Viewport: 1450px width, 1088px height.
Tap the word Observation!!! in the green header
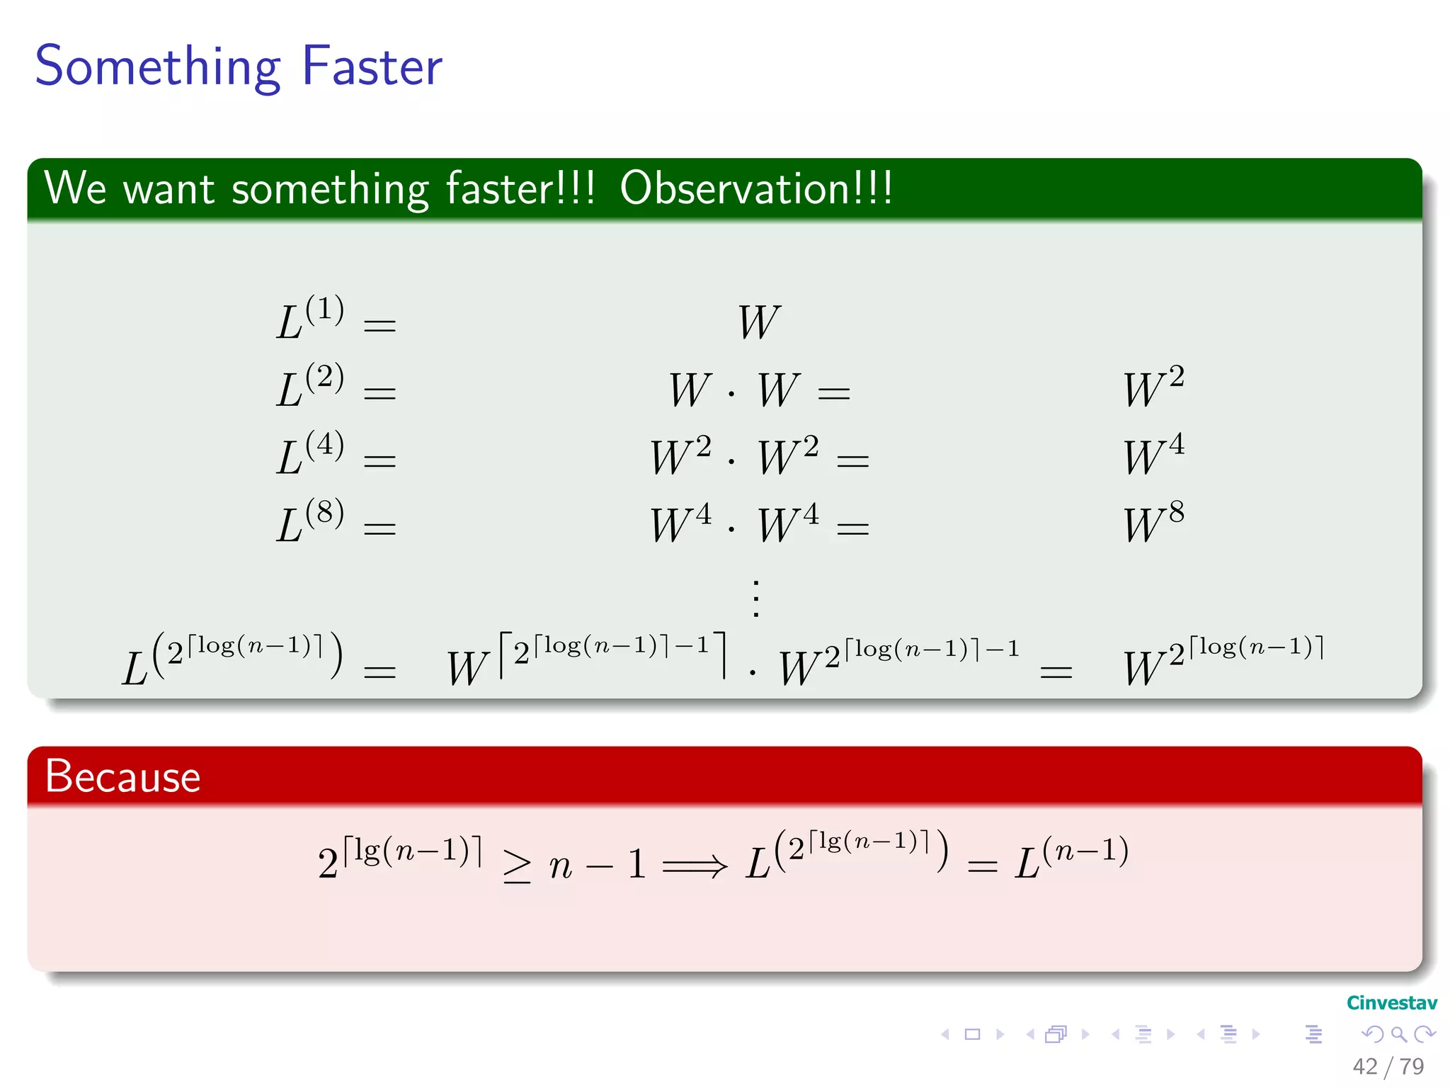[756, 189]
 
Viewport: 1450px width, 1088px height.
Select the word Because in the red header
[122, 777]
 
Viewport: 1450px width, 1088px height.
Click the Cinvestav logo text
[1391, 1003]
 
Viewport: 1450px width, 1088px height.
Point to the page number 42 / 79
[1388, 1067]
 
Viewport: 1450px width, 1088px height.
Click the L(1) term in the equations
[310, 319]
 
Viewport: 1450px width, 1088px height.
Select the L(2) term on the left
[310, 386]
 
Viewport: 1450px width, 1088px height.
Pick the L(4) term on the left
[310, 454]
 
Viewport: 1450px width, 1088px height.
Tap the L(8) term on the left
[310, 522]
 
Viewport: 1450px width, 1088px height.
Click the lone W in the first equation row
[758, 322]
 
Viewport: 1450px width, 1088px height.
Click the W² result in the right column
[1153, 387]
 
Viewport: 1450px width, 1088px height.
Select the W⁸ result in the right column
[1153, 523]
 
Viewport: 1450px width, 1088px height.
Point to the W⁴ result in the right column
[1153, 455]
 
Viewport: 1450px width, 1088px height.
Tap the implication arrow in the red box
[695, 865]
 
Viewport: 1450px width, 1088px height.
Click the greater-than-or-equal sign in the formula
[517, 866]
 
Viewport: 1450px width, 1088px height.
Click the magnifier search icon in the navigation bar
[1399, 1034]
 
